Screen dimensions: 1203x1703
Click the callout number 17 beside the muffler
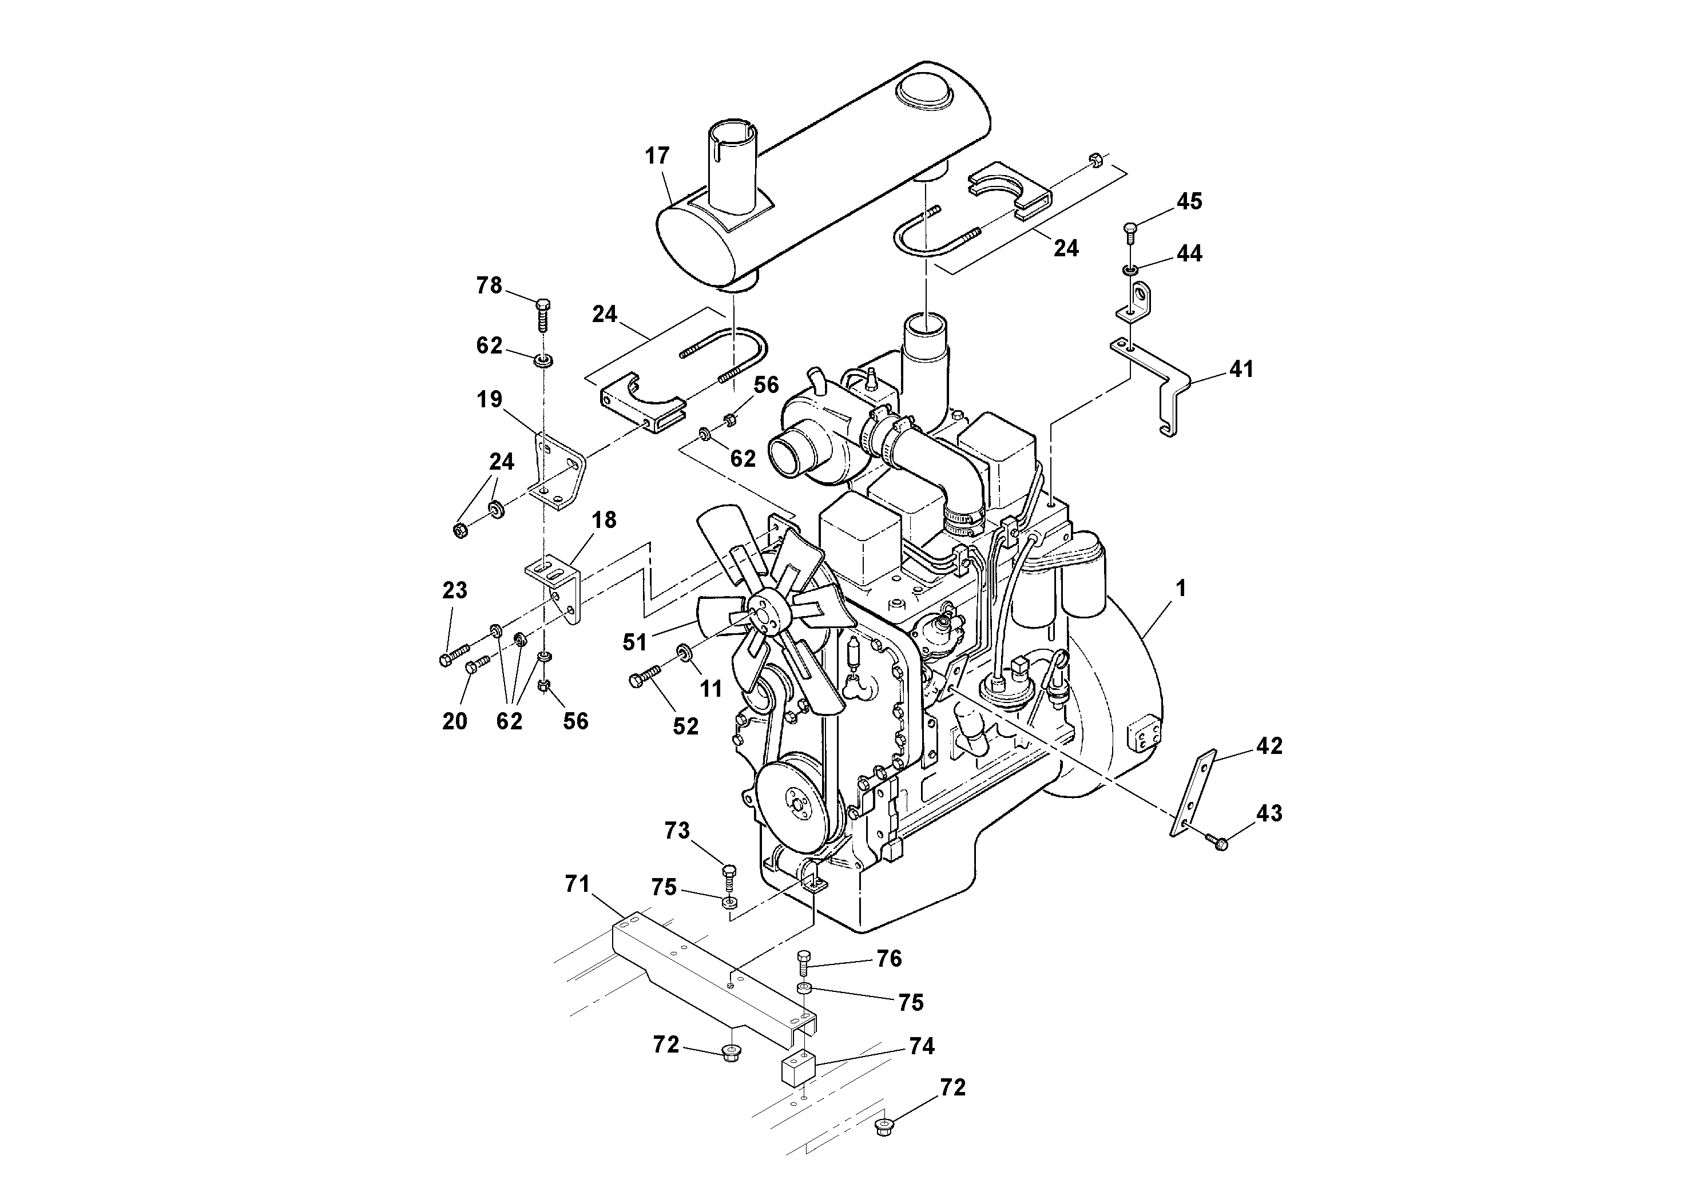pos(657,156)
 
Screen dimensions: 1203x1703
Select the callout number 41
pos(1241,368)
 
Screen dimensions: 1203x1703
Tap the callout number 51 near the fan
pos(636,642)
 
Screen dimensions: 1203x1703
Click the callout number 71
pos(577,884)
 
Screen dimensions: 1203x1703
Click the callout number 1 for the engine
pos(1181,589)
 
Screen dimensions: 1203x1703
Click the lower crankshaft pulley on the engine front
pos(793,792)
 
